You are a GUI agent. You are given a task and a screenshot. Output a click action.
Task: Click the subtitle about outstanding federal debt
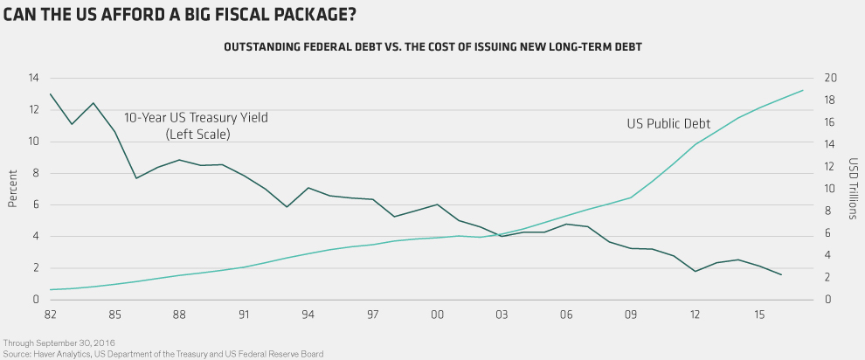coord(432,47)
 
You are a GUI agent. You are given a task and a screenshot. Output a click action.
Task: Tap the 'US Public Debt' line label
coord(668,124)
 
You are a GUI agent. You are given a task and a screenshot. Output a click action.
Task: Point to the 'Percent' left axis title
coord(12,189)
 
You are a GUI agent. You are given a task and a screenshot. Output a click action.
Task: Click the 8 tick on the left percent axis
coord(36,173)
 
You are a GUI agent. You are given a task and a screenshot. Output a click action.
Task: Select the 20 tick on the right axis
coord(832,78)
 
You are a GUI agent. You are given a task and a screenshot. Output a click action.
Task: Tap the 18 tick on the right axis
coord(832,100)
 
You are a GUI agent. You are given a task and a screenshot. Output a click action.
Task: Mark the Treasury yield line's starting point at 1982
coord(51,94)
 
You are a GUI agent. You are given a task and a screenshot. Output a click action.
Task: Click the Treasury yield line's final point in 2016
coord(781,275)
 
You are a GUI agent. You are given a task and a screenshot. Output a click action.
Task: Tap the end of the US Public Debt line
coord(803,90)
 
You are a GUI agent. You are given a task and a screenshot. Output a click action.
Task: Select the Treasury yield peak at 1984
coord(93,103)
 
